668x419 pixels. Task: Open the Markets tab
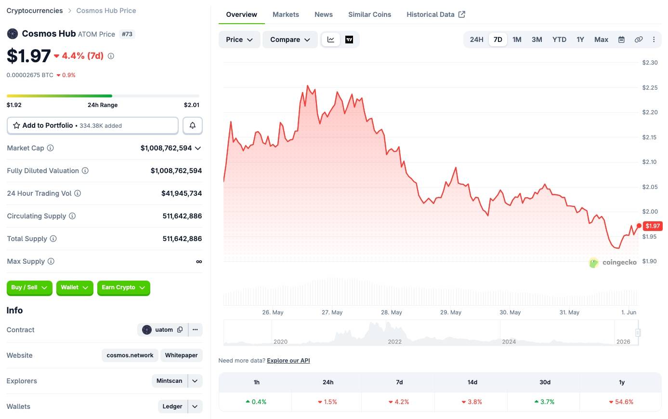(x=286, y=14)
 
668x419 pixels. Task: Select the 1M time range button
(x=517, y=40)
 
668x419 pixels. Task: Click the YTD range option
(x=559, y=40)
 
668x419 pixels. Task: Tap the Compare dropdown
(x=290, y=40)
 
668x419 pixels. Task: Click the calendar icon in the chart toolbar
(x=621, y=40)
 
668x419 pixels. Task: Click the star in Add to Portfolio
(x=16, y=125)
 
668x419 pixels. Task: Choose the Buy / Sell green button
(x=29, y=287)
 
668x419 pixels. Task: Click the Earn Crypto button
(x=123, y=287)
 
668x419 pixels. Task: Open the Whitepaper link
(x=181, y=355)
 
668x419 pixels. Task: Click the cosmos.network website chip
(x=130, y=355)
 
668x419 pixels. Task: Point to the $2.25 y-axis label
(x=650, y=87)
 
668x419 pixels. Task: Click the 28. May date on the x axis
(x=391, y=312)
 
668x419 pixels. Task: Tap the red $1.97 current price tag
(x=653, y=226)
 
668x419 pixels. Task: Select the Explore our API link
(x=288, y=361)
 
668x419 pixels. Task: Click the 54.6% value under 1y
(x=621, y=402)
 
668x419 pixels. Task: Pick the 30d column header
(x=545, y=382)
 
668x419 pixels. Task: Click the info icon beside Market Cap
(x=51, y=148)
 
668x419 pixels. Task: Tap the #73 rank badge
(x=127, y=34)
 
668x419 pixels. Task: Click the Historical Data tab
(x=436, y=14)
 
